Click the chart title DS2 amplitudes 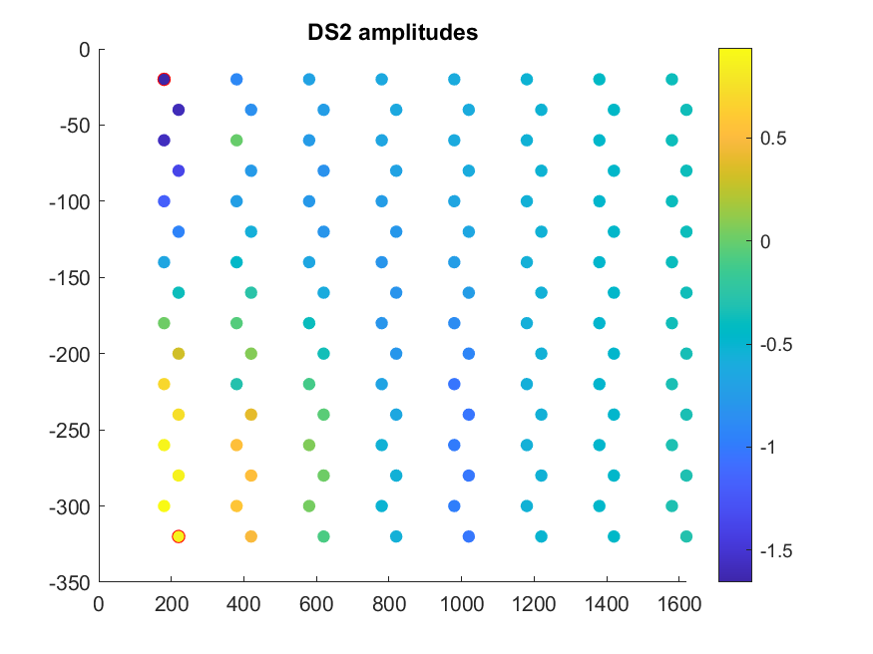click(392, 33)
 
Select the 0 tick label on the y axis click(83, 49)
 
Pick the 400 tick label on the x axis click(243, 603)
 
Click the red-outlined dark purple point click(164, 80)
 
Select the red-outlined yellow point click(179, 536)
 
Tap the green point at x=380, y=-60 click(236, 141)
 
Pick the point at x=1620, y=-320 click(686, 536)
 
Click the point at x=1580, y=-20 click(671, 80)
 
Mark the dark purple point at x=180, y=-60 click(164, 141)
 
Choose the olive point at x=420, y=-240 click(251, 415)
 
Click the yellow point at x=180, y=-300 click(164, 506)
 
